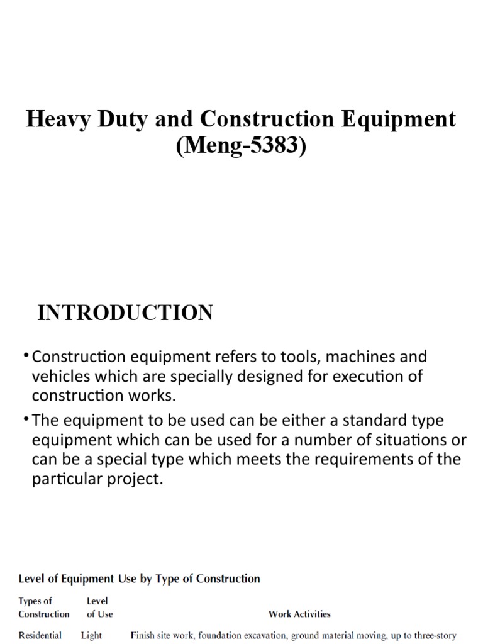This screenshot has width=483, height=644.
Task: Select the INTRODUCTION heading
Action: [125, 313]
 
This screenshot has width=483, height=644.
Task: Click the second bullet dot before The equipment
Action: [28, 419]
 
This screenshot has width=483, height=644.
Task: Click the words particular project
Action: [97, 479]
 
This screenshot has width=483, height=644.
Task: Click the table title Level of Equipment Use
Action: [139, 578]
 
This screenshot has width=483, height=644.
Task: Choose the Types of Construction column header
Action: [43, 607]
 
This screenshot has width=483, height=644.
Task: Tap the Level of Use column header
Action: [99, 607]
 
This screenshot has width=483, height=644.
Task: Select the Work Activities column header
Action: [299, 614]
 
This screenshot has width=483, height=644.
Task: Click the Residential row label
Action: [40, 635]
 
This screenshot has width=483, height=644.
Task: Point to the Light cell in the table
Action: [91, 635]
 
